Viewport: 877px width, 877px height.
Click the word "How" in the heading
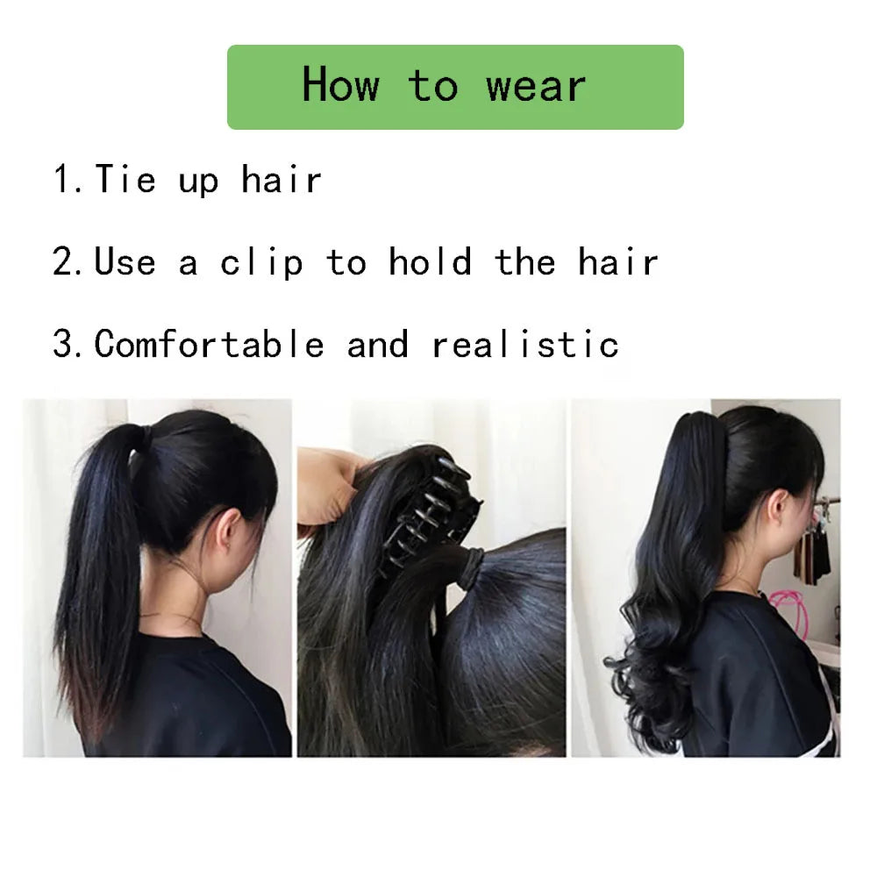(x=340, y=84)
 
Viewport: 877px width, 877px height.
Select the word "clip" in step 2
(x=261, y=261)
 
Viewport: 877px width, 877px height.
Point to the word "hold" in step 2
(x=430, y=261)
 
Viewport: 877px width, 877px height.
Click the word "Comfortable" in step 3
(x=210, y=343)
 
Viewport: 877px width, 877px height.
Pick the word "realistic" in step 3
(x=525, y=344)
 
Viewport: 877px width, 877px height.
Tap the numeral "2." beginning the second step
(x=68, y=261)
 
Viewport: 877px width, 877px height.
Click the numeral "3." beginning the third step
(x=68, y=343)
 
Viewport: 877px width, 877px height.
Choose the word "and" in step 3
(x=377, y=344)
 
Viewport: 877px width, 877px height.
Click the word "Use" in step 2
(x=125, y=261)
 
